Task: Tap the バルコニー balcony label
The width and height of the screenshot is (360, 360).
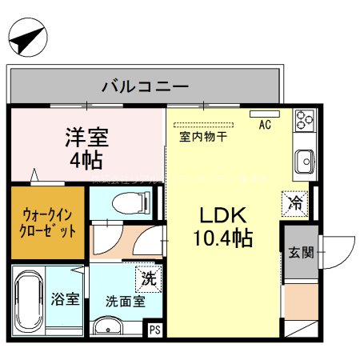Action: coord(145,86)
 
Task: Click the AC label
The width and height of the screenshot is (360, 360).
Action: coord(265,125)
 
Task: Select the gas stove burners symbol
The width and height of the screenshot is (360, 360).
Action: coord(304,120)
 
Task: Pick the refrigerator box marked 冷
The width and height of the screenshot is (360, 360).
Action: coord(294,203)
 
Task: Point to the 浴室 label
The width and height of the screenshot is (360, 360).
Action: coord(66,300)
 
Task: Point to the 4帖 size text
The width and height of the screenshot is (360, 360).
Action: coord(86,159)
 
